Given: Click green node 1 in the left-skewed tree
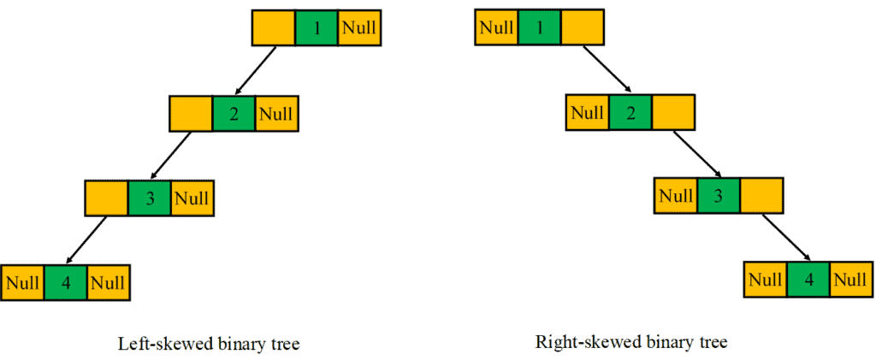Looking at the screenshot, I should click(x=317, y=28).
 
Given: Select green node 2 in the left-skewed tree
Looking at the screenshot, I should click(x=234, y=113).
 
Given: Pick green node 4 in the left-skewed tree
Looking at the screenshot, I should click(x=66, y=282).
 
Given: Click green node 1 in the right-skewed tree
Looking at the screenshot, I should click(x=540, y=28).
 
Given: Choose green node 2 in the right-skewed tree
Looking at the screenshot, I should click(x=630, y=113).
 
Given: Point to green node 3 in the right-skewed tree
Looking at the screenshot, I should click(x=718, y=196).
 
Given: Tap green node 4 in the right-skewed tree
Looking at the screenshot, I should click(x=808, y=280).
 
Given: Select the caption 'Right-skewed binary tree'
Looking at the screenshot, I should click(x=630, y=343).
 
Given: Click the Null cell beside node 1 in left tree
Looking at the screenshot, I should click(x=359, y=28).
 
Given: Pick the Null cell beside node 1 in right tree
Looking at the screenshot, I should click(x=496, y=28).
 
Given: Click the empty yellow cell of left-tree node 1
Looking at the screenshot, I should click(x=274, y=28).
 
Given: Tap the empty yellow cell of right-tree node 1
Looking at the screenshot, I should click(x=583, y=28).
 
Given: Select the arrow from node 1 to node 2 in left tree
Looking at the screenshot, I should click(x=256, y=70).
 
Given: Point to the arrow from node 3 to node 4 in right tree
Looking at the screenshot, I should click(x=784, y=238).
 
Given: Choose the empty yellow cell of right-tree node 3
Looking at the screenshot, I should click(x=761, y=196).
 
